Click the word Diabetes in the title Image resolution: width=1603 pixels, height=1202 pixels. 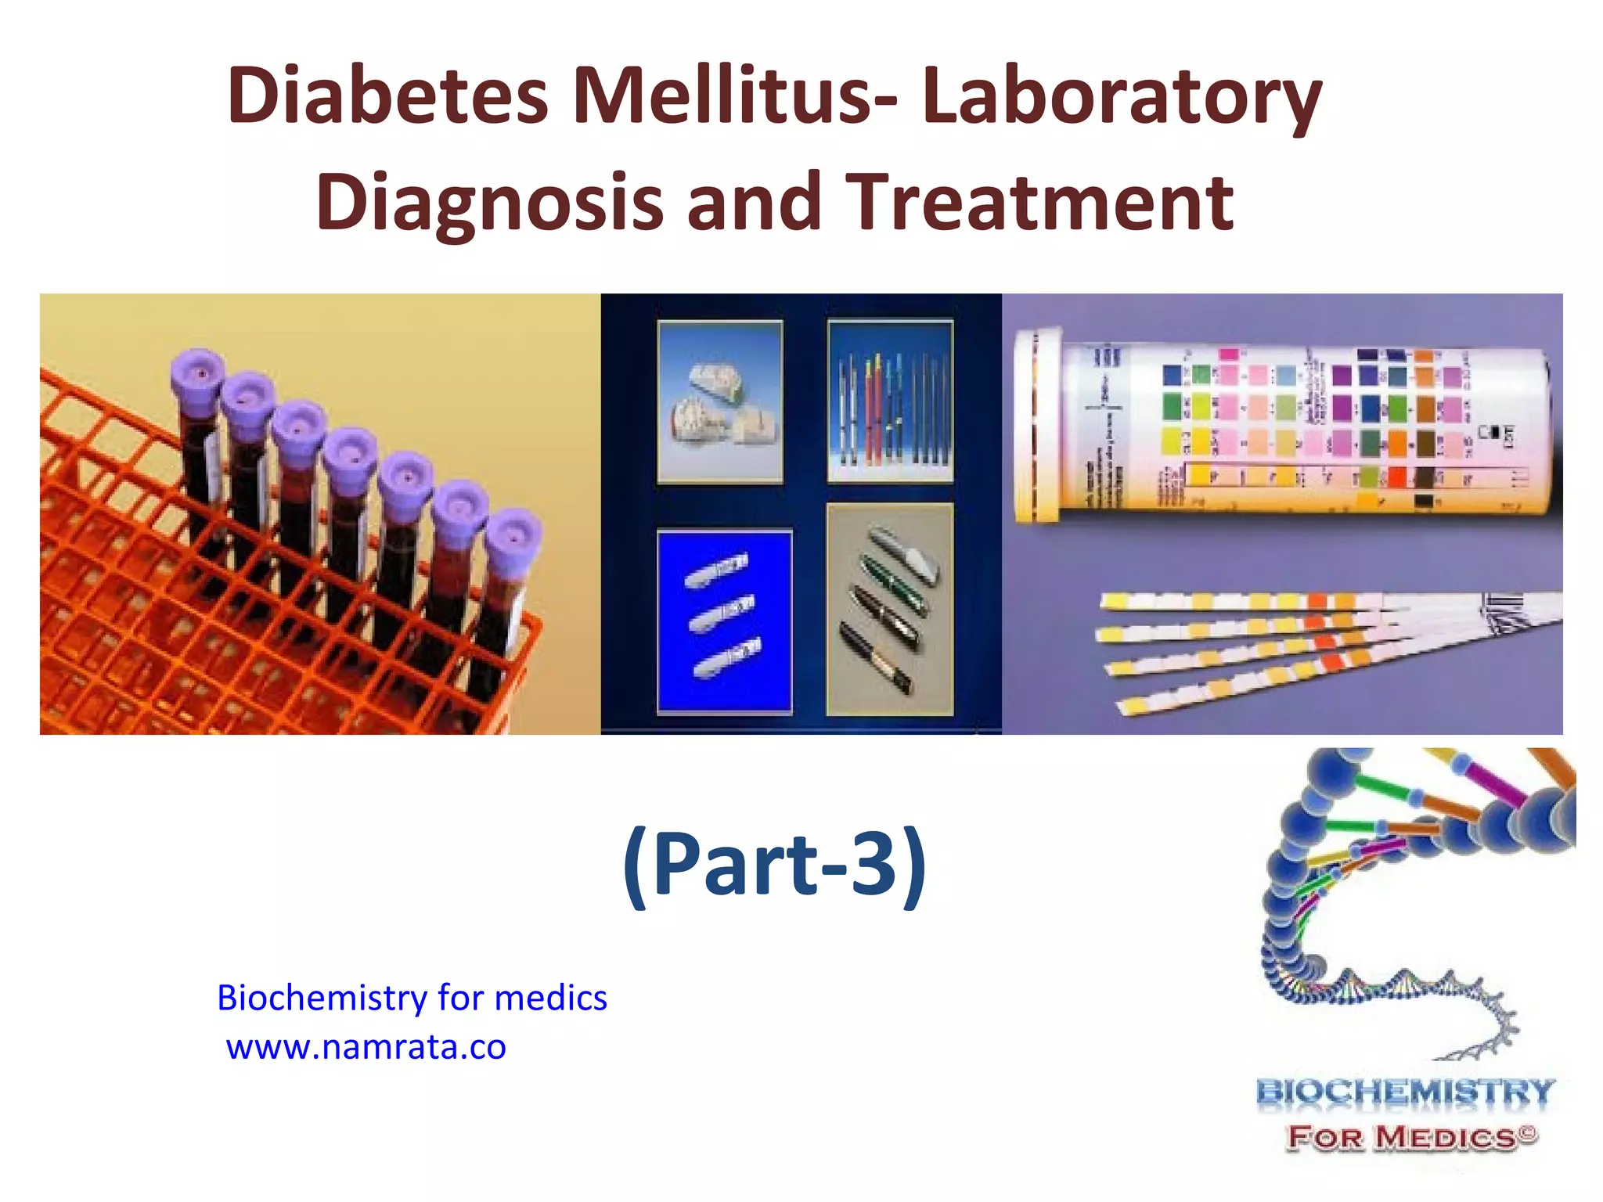coord(387,97)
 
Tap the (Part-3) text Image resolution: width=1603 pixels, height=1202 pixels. coord(774,865)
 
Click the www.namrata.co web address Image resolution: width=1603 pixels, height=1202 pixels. coord(366,1047)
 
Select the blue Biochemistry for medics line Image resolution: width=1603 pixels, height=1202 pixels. coord(412,998)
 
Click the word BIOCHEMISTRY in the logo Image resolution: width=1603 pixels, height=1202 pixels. coord(1405,1091)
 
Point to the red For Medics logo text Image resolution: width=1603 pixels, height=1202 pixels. coord(1412,1136)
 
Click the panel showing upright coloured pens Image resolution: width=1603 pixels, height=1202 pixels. coord(890,401)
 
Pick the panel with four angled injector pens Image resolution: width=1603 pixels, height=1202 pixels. coord(890,609)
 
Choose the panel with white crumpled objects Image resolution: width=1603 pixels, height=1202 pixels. coord(719,401)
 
